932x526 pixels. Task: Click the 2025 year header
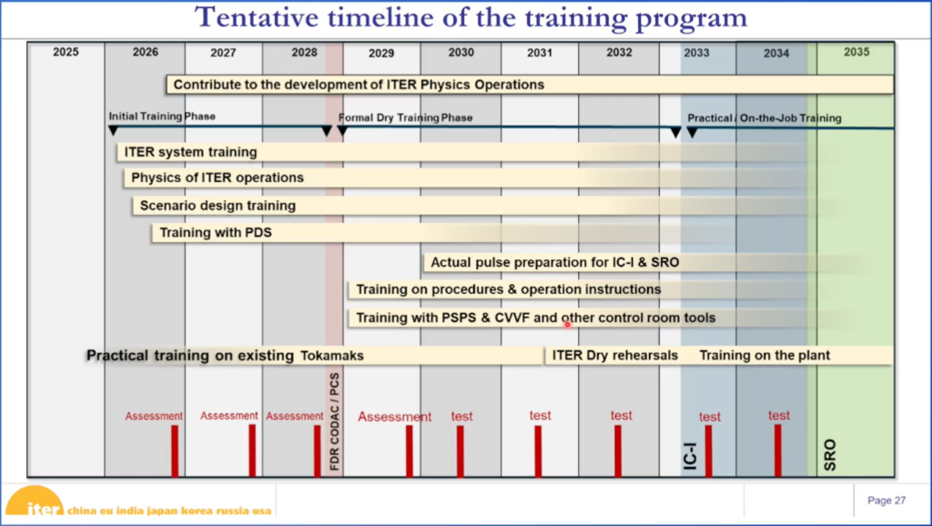(66, 52)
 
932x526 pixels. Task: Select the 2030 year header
(461, 52)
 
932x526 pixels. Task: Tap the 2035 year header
(856, 52)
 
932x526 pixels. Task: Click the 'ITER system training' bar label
(190, 152)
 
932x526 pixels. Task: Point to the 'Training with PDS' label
(216, 232)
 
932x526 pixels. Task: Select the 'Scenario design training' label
(218, 206)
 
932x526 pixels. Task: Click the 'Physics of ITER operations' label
(218, 177)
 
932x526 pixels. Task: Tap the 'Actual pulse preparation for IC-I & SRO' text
(554, 262)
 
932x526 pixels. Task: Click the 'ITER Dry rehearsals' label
(615, 356)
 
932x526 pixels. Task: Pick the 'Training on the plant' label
(765, 356)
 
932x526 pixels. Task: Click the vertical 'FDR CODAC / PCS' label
(335, 421)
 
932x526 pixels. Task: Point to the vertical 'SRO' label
(830, 455)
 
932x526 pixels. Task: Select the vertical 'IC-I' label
(690, 456)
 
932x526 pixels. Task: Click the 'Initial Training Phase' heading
(162, 116)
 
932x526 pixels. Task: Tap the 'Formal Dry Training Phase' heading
(405, 117)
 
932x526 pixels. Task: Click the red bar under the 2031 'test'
(538, 450)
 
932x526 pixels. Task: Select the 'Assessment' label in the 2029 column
(395, 417)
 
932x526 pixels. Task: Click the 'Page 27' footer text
(886, 501)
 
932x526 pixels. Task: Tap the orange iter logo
(35, 501)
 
